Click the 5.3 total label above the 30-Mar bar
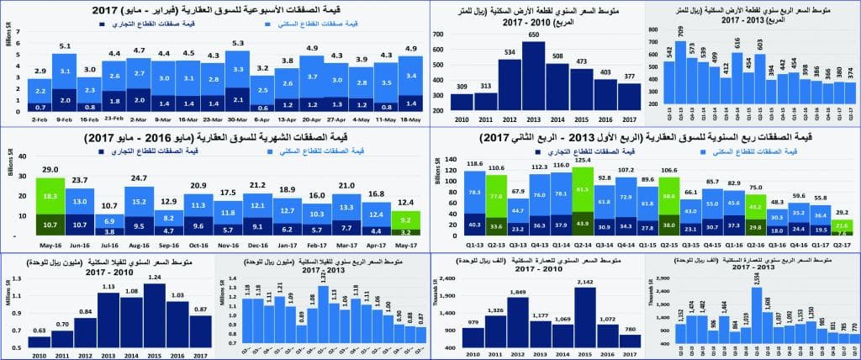[x=238, y=43]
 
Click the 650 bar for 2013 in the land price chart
[x=533, y=76]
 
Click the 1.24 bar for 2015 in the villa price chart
[x=155, y=303]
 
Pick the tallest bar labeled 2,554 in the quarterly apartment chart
[x=757, y=307]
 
